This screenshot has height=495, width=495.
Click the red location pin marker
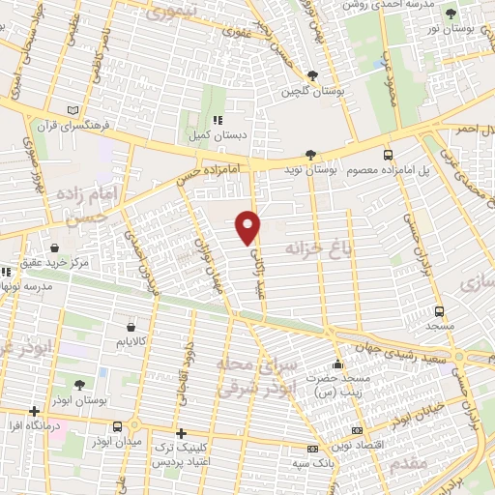[x=248, y=226]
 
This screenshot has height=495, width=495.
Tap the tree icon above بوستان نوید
[x=310, y=154]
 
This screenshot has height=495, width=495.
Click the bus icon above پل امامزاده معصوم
[x=388, y=154]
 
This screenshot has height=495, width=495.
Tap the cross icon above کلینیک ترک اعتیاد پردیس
[x=181, y=433]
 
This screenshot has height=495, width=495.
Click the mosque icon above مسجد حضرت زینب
[x=337, y=364]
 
